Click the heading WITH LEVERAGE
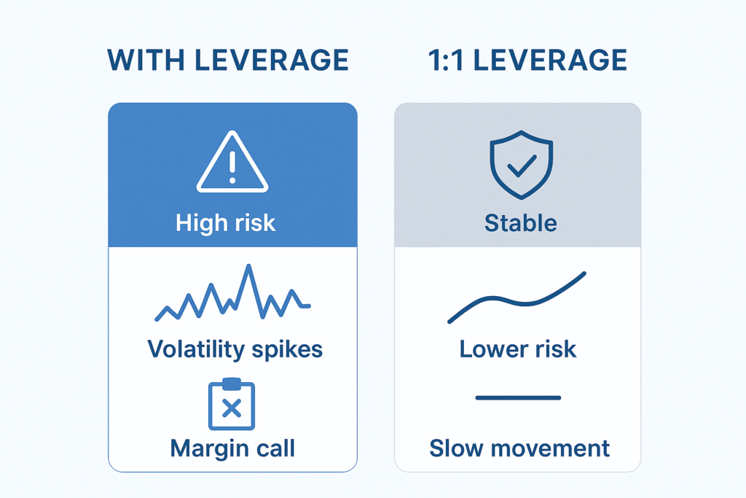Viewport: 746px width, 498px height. click(x=228, y=61)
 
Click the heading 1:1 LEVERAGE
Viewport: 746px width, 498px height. click(x=518, y=61)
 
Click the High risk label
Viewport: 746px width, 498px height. click(x=226, y=222)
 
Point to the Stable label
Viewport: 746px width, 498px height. click(x=520, y=222)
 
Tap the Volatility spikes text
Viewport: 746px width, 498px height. click(x=235, y=349)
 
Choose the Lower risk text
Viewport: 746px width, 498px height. click(x=518, y=349)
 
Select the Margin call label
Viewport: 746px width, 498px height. click(x=232, y=448)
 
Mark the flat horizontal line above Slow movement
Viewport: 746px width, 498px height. click(x=518, y=398)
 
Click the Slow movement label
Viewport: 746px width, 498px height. click(x=519, y=448)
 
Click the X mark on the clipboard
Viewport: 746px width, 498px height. click(x=231, y=409)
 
